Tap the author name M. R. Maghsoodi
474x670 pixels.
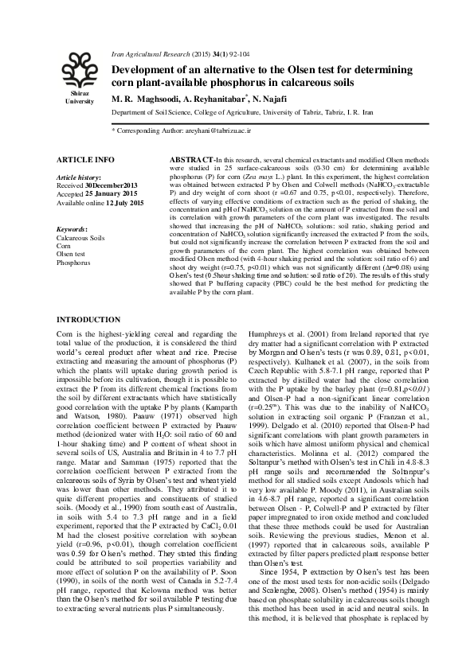pos(147,99)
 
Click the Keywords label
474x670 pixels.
pos(72,229)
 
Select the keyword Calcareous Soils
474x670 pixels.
pos(80,238)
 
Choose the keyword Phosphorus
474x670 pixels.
pos(74,261)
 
